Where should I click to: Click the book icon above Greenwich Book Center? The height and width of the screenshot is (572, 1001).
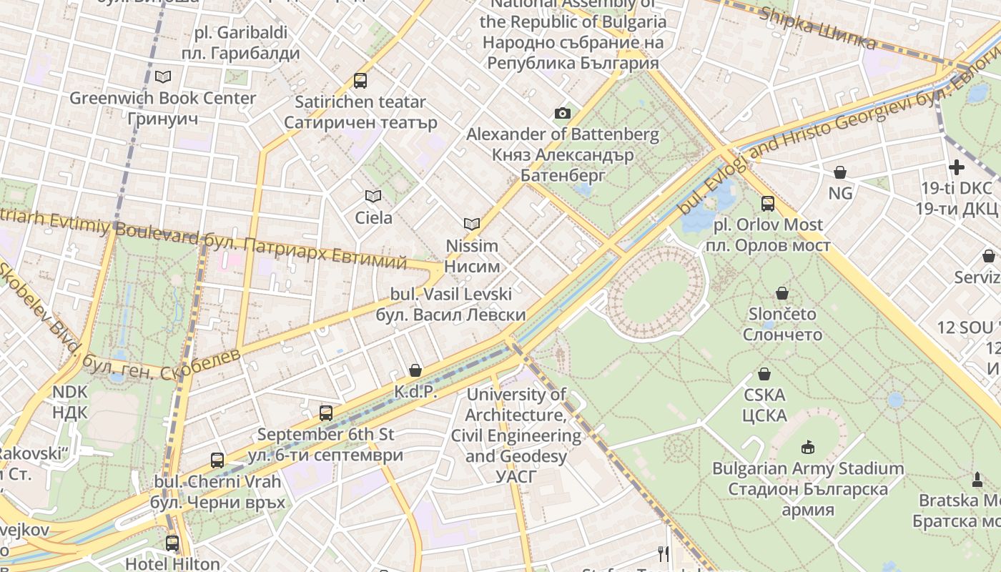click(163, 77)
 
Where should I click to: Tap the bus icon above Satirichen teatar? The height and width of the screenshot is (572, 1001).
click(360, 81)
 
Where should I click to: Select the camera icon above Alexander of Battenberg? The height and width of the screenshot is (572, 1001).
click(563, 113)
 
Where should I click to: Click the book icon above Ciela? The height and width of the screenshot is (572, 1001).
click(373, 196)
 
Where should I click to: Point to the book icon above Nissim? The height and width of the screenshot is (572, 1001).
click(471, 225)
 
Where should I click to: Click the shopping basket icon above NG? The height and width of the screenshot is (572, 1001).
click(840, 172)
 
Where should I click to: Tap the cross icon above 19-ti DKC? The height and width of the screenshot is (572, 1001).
click(956, 167)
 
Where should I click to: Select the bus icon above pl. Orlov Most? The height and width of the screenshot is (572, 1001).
click(768, 204)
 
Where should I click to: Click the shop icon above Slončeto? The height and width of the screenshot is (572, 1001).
click(782, 293)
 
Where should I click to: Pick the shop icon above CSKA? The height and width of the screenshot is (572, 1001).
click(764, 374)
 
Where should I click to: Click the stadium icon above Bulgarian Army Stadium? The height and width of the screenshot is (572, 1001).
click(808, 448)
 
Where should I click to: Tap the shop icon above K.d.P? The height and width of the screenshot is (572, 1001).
click(415, 370)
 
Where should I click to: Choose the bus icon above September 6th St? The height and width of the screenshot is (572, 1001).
click(326, 413)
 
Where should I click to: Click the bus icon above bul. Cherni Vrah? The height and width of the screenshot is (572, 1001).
click(217, 460)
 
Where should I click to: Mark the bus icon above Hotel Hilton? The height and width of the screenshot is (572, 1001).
click(172, 543)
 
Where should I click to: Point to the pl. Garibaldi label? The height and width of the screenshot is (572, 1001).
click(240, 43)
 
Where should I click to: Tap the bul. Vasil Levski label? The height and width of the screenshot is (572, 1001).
click(450, 305)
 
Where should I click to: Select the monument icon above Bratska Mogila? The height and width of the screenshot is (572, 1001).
click(977, 479)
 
